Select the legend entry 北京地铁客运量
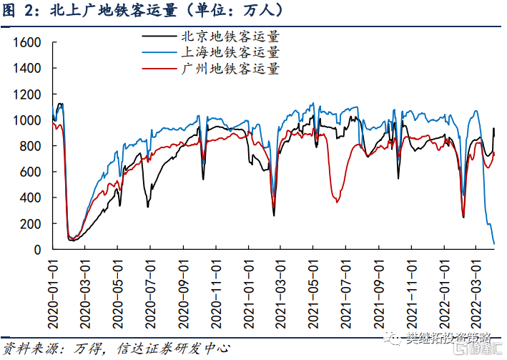point(230,36)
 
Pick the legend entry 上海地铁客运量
point(230,52)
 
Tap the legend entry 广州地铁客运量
point(230,69)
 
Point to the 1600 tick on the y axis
point(26,42)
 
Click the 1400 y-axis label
point(26,68)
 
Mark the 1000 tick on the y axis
point(26,120)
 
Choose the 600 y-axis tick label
point(29,172)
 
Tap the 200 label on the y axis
point(29,224)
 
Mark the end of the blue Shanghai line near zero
point(494,244)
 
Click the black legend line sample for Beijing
point(159,36)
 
